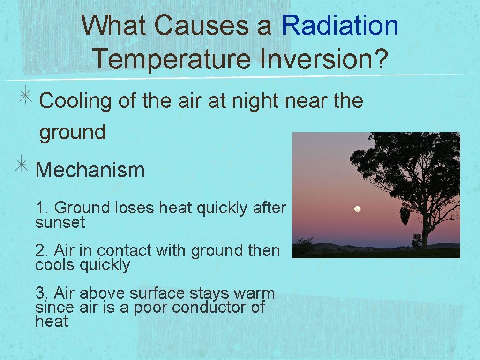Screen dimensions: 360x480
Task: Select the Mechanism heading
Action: point(90,170)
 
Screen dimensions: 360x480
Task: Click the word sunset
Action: point(60,222)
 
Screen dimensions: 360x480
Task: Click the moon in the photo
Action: point(357,209)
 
